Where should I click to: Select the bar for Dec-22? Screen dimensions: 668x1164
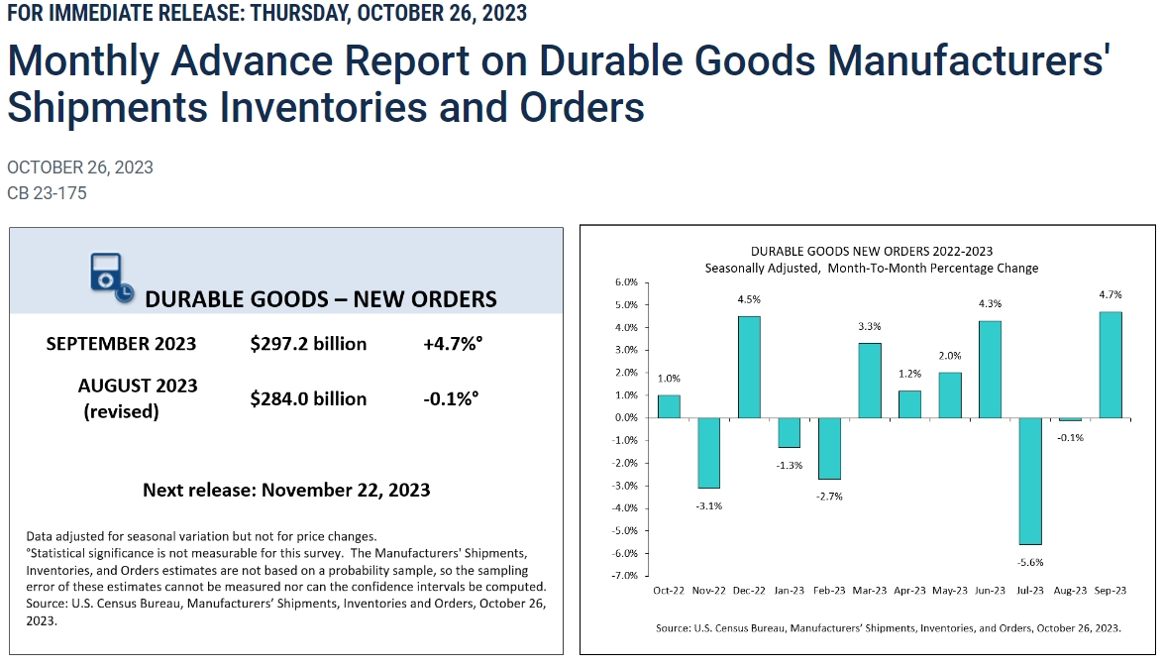tap(750, 367)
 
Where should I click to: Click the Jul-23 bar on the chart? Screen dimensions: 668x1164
tap(1031, 481)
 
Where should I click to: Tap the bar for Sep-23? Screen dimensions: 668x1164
tap(1111, 365)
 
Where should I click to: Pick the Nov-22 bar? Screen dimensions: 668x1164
tap(709, 452)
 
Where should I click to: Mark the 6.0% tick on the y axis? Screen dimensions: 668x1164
tap(626, 282)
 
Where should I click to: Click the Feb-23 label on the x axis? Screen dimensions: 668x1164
tap(830, 591)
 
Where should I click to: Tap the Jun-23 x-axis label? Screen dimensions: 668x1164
tap(991, 591)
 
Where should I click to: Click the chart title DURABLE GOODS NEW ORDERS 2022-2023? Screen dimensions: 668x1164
tap(871, 251)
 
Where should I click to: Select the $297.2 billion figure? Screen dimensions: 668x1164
tap(308, 344)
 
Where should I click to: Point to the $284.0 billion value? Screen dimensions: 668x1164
tap(308, 398)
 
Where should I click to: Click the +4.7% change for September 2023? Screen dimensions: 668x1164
tap(451, 344)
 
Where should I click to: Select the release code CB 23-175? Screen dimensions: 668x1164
tap(47, 193)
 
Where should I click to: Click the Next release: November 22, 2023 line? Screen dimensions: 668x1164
tap(286, 490)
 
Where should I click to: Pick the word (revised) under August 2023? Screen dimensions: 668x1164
tap(121, 411)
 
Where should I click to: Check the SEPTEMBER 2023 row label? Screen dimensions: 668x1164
tap(121, 344)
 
